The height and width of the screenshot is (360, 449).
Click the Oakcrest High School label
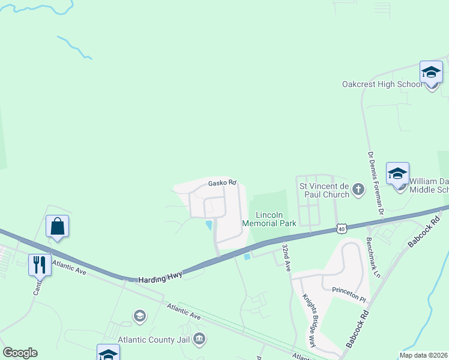tap(382, 84)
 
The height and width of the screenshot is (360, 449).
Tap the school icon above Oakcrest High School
tap(431, 73)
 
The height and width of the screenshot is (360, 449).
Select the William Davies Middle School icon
tap(397, 173)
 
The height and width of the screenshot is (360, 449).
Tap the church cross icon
tap(358, 190)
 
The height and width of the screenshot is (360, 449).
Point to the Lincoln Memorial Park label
tap(268, 219)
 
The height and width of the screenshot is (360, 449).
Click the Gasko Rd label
tap(222, 183)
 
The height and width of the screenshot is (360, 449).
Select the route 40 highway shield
tap(341, 228)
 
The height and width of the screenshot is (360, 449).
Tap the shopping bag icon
tap(58, 227)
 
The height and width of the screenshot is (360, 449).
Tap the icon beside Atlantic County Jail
tap(200, 340)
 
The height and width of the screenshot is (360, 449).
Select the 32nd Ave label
tap(287, 257)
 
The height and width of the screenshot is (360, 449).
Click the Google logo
tap(20, 353)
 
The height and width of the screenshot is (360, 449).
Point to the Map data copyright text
tap(423, 355)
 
